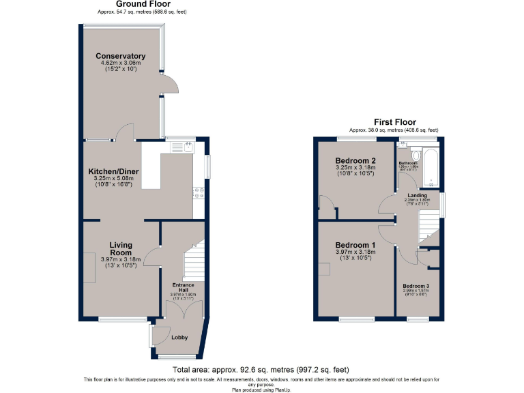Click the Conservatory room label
[x=120, y=56]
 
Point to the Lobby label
[x=179, y=337]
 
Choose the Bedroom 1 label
[x=355, y=245]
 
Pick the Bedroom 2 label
[x=355, y=160]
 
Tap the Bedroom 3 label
[x=416, y=285]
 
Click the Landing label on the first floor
[x=417, y=195]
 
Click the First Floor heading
[x=393, y=122]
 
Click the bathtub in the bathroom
[x=430, y=167]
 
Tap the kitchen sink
[x=180, y=146]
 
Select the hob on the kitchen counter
[x=199, y=193]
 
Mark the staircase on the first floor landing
[x=428, y=225]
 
